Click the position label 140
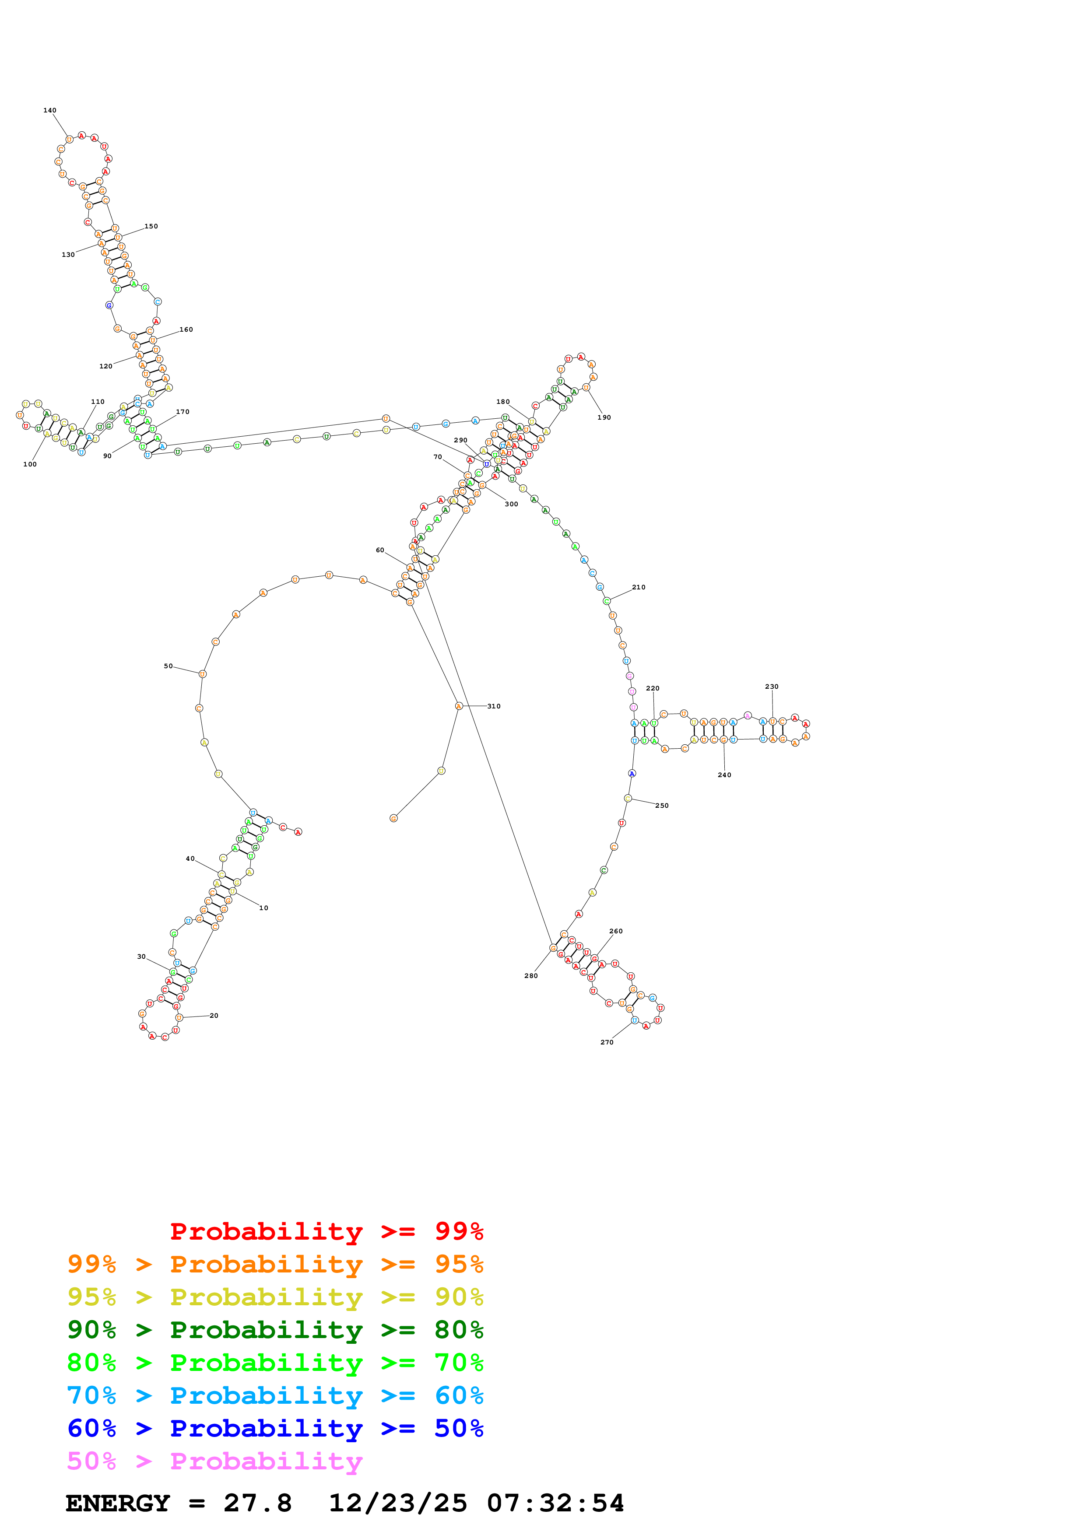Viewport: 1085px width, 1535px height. pyautogui.click(x=49, y=110)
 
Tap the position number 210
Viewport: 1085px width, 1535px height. pyautogui.click(x=639, y=587)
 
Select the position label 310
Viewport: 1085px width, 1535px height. pyautogui.click(x=493, y=706)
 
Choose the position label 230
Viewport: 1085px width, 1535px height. pyautogui.click(x=772, y=687)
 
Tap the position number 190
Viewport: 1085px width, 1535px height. pyautogui.click(x=604, y=417)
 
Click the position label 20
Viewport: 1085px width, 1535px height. pyautogui.click(x=214, y=1016)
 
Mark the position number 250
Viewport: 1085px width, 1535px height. pyautogui.click(x=662, y=806)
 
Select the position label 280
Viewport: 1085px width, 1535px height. pyautogui.click(x=531, y=975)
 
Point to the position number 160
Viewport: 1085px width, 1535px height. pyautogui.click(x=186, y=329)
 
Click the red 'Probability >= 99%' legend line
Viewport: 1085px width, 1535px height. pyautogui.click(x=326, y=1231)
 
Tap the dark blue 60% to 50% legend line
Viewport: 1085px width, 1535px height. pyautogui.click(x=275, y=1428)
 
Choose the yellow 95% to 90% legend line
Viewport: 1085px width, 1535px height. pyautogui.click(x=275, y=1297)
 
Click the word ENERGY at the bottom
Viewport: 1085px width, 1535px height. pyautogui.click(x=118, y=1503)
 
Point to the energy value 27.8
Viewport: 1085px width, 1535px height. pyautogui.click(x=257, y=1503)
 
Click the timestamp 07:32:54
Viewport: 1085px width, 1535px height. pyautogui.click(x=555, y=1503)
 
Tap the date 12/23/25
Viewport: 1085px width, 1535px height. pyautogui.click(x=398, y=1503)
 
